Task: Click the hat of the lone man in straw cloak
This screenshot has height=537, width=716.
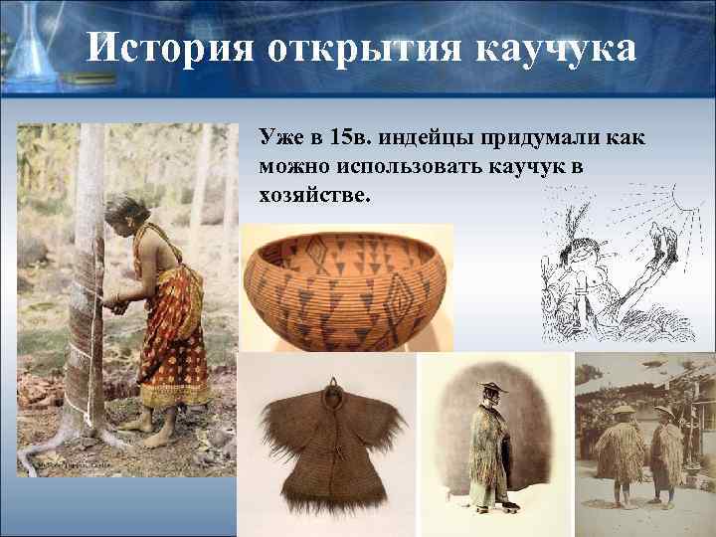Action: click(489, 386)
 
